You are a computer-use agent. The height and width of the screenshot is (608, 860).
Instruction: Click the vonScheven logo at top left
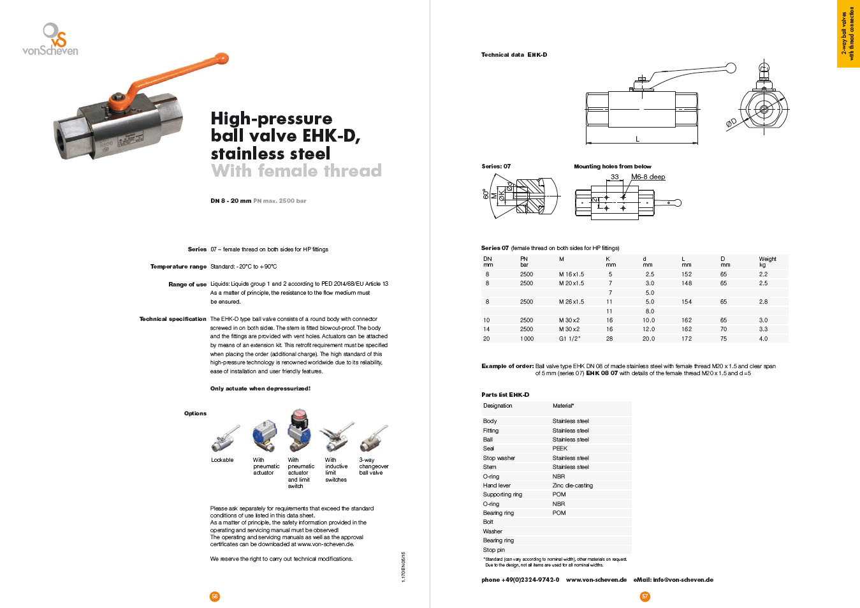point(50,40)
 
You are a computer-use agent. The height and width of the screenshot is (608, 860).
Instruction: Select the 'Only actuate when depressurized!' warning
point(260,389)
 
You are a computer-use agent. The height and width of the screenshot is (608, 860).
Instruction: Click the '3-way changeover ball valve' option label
point(374,466)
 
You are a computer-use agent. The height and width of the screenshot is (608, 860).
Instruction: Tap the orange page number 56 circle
point(215,597)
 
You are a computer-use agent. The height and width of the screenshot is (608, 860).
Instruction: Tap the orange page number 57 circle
point(645,597)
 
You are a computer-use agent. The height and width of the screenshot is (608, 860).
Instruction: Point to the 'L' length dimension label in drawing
point(638,138)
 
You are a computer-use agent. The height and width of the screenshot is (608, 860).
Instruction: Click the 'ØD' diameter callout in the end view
point(731,122)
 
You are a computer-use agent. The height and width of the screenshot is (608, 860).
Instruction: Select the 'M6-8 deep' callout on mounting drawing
point(648,177)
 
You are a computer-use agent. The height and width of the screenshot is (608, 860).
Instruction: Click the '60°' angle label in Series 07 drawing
point(486,194)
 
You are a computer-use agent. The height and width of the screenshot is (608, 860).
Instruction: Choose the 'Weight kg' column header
point(767,262)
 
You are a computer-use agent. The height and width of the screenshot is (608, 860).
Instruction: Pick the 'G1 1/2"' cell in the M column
point(570,339)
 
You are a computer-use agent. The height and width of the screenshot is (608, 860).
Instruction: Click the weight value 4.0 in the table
point(763,339)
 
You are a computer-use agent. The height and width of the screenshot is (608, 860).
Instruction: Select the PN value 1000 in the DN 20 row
point(527,339)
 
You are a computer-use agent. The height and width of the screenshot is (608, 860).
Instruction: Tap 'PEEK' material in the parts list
point(560,449)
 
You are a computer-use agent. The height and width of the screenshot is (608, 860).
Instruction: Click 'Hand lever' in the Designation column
point(497,486)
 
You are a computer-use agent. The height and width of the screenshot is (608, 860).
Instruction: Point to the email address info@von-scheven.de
point(673,580)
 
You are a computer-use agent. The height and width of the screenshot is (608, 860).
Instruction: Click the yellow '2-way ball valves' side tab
point(848,33)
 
